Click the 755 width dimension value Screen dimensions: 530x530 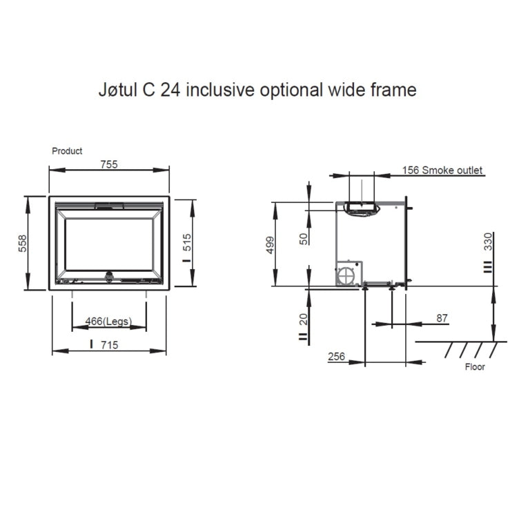(x=109, y=164)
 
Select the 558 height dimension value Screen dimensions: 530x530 (x=22, y=244)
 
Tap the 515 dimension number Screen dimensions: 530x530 (x=186, y=242)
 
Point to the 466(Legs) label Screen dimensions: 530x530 (x=108, y=321)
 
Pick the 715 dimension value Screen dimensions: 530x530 (x=110, y=345)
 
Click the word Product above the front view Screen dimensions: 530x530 (x=67, y=150)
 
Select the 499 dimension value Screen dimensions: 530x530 (x=270, y=245)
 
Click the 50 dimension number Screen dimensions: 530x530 (x=304, y=239)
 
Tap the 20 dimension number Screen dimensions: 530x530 (x=304, y=319)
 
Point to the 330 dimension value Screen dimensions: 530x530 (x=489, y=242)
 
